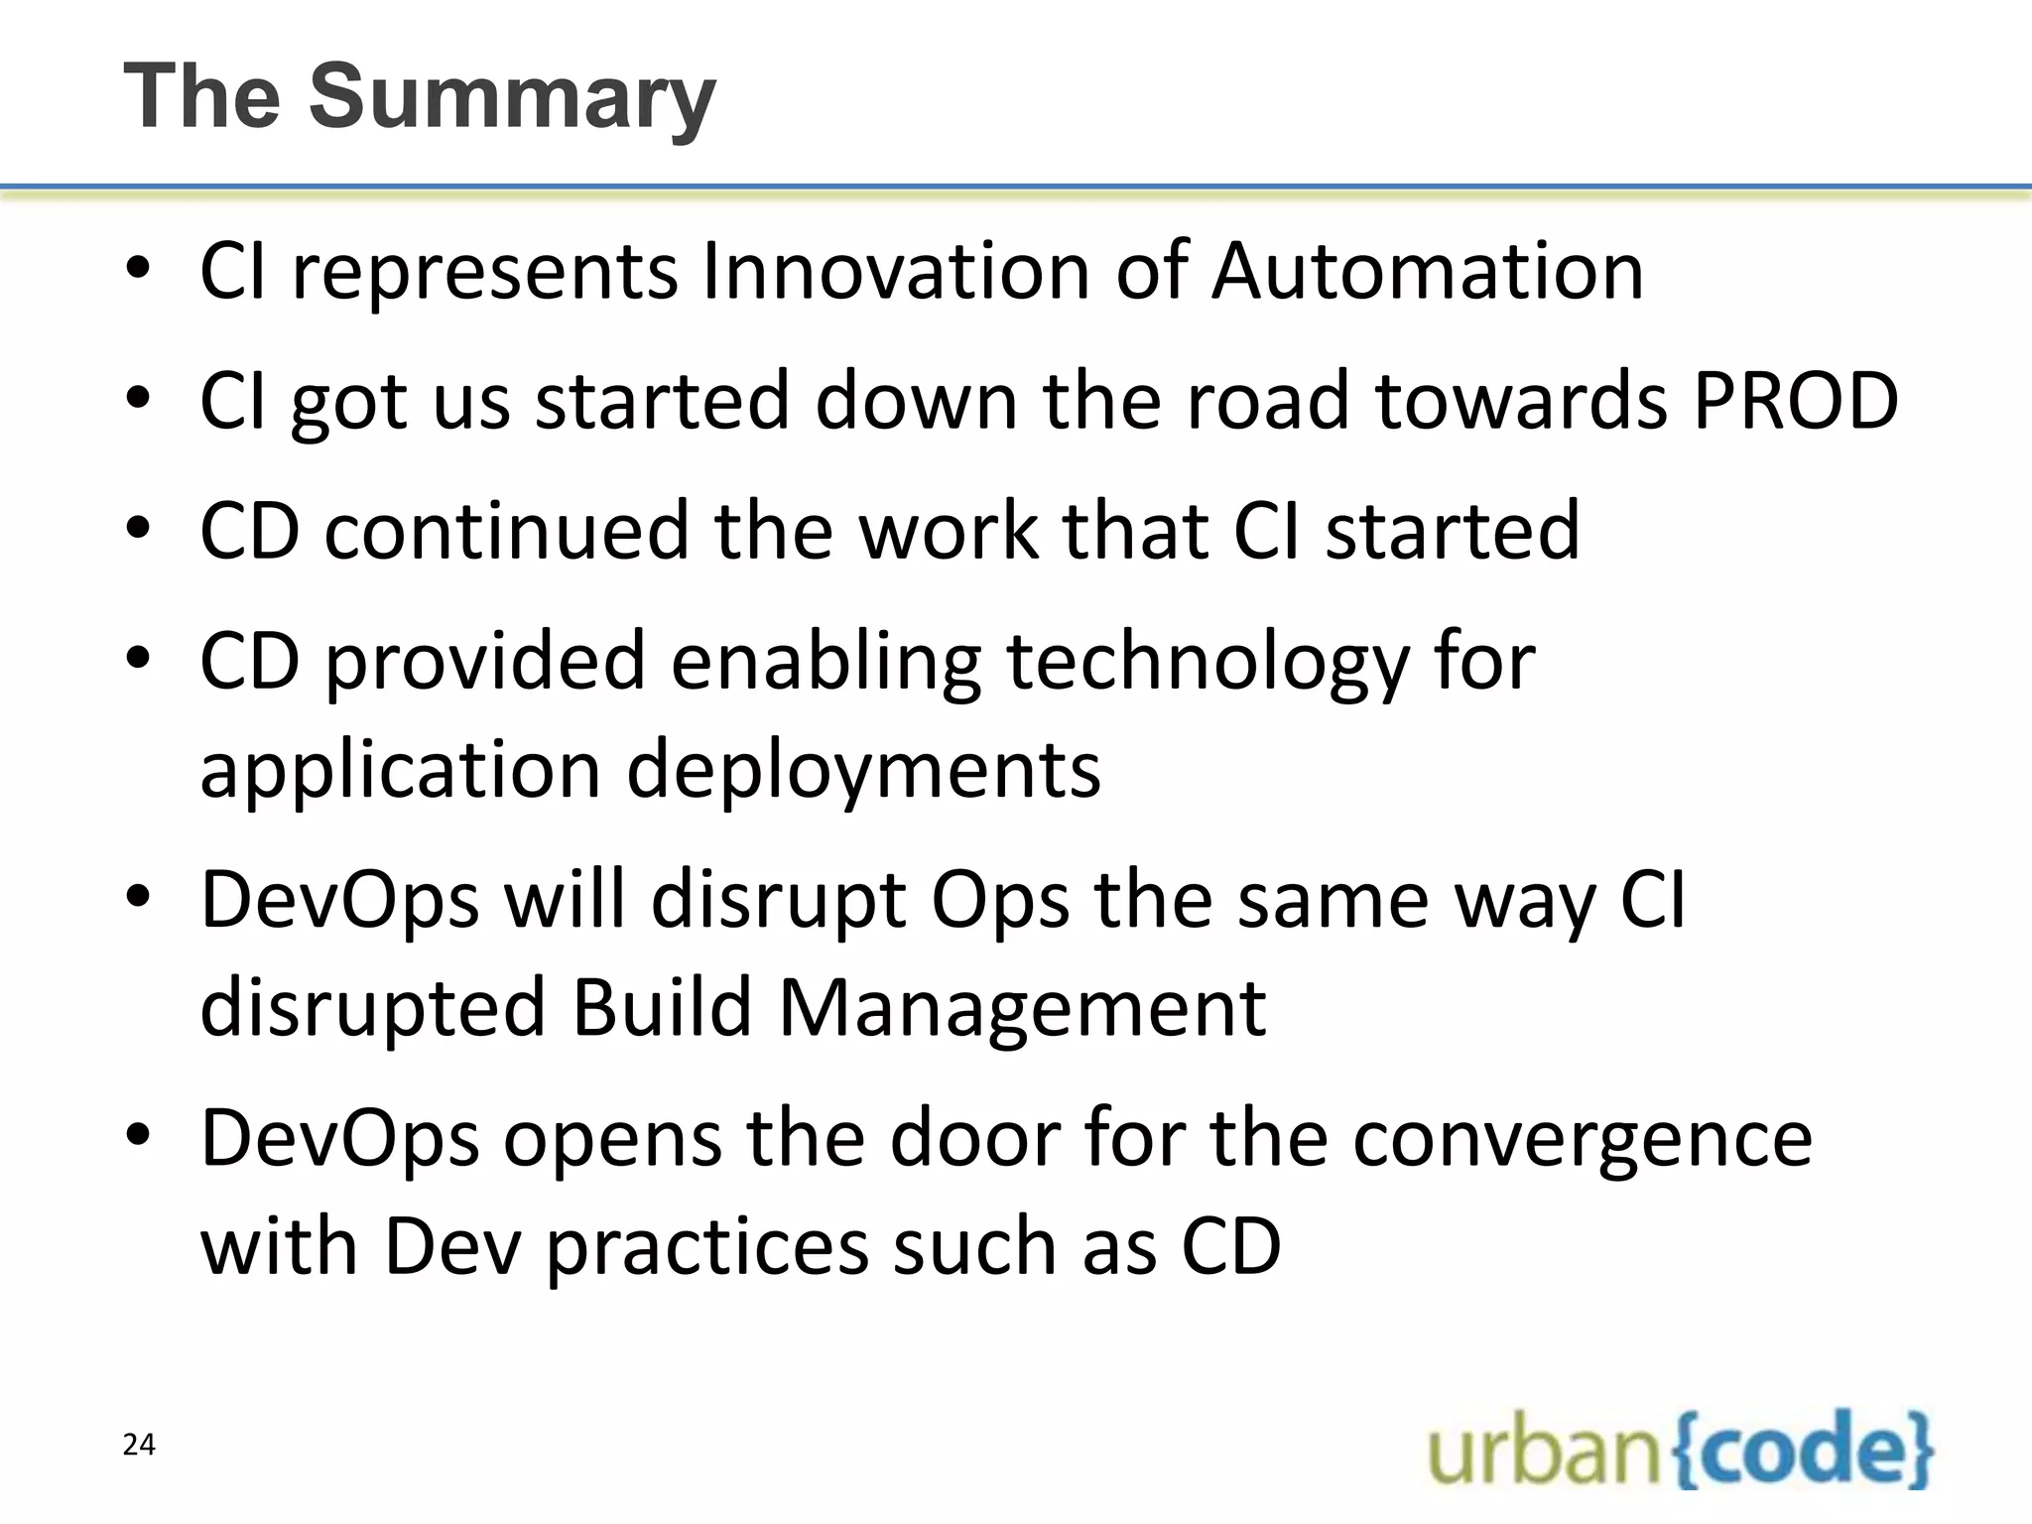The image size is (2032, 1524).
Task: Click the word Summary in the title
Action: click(512, 97)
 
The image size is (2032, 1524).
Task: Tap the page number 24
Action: click(139, 1445)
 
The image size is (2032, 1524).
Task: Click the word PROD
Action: click(1795, 401)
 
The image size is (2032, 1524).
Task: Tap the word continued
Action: click(506, 531)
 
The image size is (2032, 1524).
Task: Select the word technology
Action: click(1207, 663)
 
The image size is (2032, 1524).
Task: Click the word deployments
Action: click(863, 770)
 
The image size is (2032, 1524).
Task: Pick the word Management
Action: click(1022, 1008)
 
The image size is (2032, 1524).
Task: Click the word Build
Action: click(662, 1008)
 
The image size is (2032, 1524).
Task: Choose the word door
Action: click(975, 1138)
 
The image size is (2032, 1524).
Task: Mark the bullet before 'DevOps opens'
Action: click(138, 1134)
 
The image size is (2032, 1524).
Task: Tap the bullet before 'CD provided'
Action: click(138, 658)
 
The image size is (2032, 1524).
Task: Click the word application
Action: click(401, 772)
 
